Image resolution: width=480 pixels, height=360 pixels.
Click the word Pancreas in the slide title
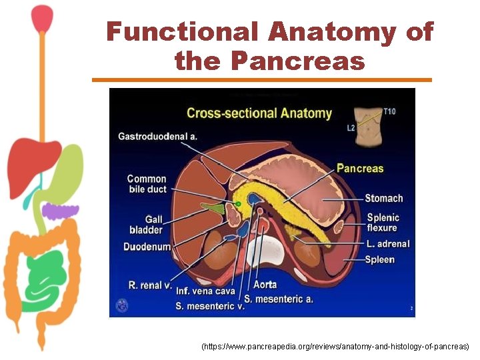(x=298, y=61)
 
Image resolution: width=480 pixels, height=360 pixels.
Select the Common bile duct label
(x=147, y=183)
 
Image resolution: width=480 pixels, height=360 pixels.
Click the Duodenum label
(x=147, y=247)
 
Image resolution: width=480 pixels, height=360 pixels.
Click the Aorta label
(x=265, y=285)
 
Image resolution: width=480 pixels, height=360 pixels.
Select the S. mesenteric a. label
(x=278, y=299)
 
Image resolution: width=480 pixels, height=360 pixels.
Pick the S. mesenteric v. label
(x=210, y=306)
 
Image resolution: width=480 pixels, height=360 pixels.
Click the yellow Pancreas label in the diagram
(x=360, y=169)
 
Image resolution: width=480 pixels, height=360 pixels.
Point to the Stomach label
(x=383, y=198)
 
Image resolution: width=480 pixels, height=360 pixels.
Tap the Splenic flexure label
(x=383, y=223)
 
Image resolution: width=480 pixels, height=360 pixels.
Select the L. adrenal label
(x=387, y=244)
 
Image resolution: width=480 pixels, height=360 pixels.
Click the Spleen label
(x=379, y=259)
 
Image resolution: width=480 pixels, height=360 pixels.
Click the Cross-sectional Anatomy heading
(x=259, y=113)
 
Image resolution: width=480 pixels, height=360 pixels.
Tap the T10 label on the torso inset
(x=389, y=111)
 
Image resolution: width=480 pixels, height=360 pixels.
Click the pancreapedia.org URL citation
(x=335, y=347)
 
